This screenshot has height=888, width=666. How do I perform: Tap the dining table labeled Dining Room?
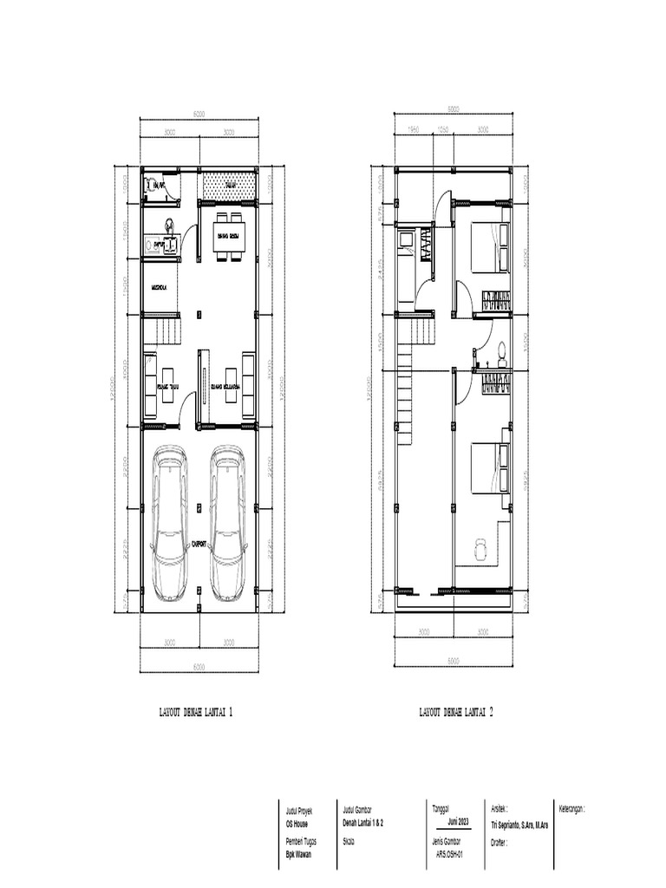click(231, 235)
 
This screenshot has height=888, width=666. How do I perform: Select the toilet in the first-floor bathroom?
click(153, 185)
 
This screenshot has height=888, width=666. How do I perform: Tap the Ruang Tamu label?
click(166, 387)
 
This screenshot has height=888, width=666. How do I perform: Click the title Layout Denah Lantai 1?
click(195, 712)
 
